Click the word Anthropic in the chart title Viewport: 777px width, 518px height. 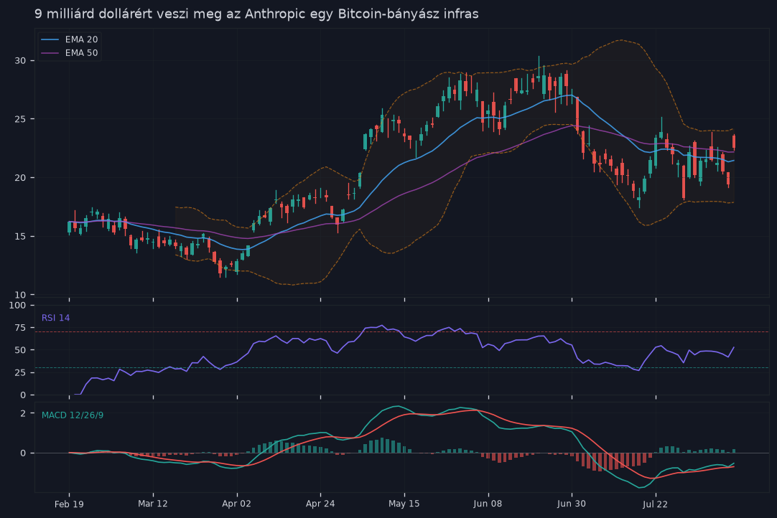[276, 14]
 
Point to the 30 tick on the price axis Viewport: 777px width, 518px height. [20, 60]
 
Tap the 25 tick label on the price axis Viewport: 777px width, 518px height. [20, 119]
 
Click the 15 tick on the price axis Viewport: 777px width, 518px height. [20, 236]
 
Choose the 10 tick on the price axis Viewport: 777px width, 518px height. [20, 295]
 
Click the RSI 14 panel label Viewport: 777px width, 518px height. [55, 318]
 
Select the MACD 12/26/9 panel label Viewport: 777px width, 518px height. [73, 415]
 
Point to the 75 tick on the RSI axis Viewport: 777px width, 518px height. [20, 327]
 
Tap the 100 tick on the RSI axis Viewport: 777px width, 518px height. [18, 305]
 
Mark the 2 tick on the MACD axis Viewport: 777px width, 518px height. [23, 413]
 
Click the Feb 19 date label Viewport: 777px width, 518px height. [69, 504]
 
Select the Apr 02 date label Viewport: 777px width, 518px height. [236, 504]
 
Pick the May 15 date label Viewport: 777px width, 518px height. [404, 504]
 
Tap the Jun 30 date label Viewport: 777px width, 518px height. [572, 504]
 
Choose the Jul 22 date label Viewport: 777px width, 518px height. [655, 504]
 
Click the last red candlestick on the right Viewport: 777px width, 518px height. [734, 142]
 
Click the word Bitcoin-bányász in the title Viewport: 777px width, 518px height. [381, 14]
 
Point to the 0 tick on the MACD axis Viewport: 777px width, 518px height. [23, 453]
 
